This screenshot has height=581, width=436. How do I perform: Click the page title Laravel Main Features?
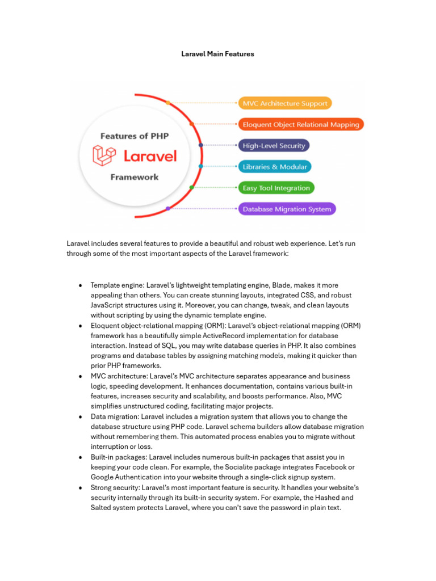pyautogui.click(x=217, y=54)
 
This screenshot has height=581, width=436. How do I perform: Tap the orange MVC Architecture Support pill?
pyautogui.click(x=285, y=103)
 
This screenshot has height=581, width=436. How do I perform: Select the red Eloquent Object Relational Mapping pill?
pyautogui.click(x=301, y=124)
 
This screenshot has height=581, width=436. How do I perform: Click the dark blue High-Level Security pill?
pyautogui.click(x=274, y=146)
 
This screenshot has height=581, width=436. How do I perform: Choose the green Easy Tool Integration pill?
pyautogui.click(x=276, y=188)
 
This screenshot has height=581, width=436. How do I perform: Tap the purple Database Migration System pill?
pyautogui.click(x=287, y=209)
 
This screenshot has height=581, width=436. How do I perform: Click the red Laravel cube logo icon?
pyautogui.click(x=104, y=155)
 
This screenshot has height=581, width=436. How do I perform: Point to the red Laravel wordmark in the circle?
pyautogui.click(x=150, y=155)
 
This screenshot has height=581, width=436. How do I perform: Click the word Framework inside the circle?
pyautogui.click(x=135, y=177)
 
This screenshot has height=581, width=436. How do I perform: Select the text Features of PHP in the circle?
pyautogui.click(x=135, y=136)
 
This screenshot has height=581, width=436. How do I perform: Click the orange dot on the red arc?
pyautogui.click(x=168, y=103)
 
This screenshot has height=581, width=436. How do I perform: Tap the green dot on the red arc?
pyautogui.click(x=191, y=187)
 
